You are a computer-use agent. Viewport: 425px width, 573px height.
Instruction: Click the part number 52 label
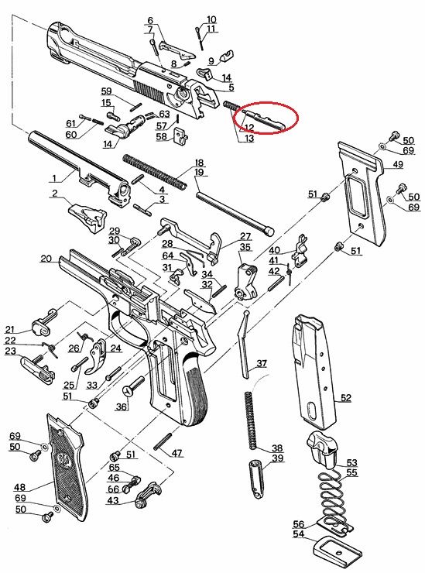point(345,397)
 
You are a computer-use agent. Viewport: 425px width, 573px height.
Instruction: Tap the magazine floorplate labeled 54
point(337,555)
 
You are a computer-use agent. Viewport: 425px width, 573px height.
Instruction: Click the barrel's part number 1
point(54,178)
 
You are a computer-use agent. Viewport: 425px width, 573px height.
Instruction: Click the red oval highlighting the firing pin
point(269,118)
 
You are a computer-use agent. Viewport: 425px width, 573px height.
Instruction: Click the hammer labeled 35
point(245,281)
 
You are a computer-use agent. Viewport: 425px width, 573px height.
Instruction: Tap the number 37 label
point(262,363)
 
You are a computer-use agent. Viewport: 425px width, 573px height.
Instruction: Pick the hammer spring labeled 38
point(250,420)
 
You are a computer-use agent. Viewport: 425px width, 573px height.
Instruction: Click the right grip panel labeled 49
point(362,194)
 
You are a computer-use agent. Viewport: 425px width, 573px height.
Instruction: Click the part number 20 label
point(46,259)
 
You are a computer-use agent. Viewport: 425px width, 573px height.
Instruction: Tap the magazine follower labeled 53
point(322,449)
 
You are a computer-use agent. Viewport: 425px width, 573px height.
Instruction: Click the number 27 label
point(245,237)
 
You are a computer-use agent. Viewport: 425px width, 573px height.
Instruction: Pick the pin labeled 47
point(163,441)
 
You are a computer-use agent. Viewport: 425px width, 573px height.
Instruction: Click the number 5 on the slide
point(231,87)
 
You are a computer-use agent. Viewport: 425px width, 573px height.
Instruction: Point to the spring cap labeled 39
point(256,475)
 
